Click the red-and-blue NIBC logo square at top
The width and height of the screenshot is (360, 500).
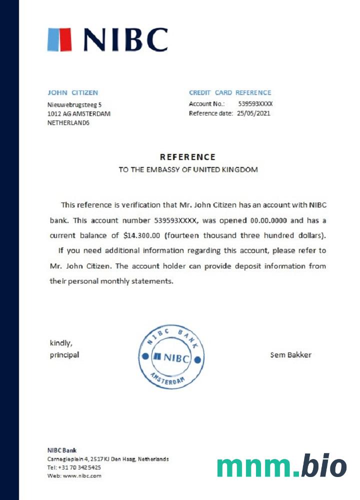click(60, 39)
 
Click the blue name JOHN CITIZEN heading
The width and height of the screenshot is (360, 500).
click(72, 92)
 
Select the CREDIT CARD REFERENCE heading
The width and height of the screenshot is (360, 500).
click(230, 92)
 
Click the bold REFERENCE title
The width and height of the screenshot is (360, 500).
click(187, 157)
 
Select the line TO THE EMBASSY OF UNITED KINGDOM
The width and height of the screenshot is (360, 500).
click(188, 169)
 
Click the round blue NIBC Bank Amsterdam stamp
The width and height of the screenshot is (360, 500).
click(171, 357)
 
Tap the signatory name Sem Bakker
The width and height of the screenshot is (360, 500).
click(290, 355)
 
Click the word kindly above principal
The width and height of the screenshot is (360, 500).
click(61, 343)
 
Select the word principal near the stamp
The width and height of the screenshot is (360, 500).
click(64, 355)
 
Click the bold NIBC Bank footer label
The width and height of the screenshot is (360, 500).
click(62, 450)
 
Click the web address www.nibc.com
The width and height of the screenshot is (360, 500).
click(82, 475)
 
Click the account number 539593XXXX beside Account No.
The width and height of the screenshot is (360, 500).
click(255, 104)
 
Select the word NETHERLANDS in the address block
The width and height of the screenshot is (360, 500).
click(68, 122)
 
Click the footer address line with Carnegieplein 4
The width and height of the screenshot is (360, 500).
click(108, 458)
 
